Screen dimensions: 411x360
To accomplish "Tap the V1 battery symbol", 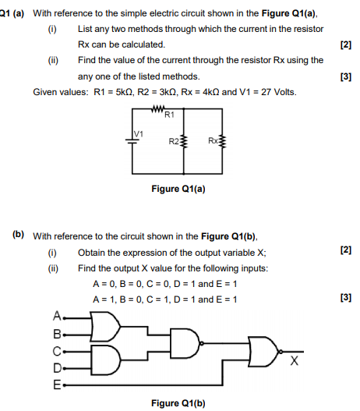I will point(130,141).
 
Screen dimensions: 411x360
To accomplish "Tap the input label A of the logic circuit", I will point(56,317).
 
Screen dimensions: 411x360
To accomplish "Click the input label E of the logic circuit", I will point(56,384).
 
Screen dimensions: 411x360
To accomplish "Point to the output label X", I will point(293,361).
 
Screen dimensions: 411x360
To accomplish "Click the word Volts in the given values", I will point(282,92).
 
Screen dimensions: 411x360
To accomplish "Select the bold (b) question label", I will point(18,234).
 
